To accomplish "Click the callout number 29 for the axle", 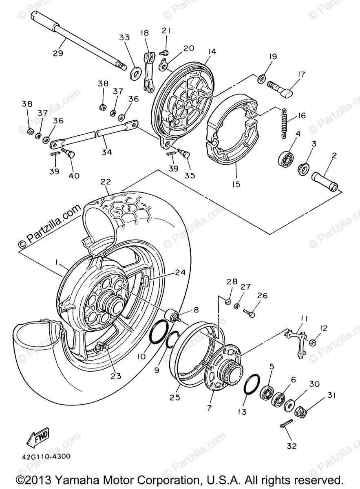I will point(58,53).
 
